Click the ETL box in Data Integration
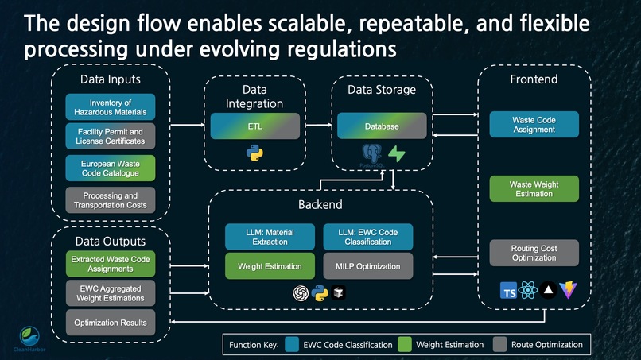coord(254,126)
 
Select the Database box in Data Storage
coord(382,126)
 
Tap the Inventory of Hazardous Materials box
coord(111,107)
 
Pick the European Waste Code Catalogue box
coord(111,168)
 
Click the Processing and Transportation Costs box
coord(111,200)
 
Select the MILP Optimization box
coord(367,265)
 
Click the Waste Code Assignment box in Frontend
coord(534,125)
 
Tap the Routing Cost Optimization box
coord(534,253)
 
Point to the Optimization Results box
coord(111,323)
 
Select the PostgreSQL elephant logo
coord(370,154)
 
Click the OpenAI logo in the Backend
coord(301,292)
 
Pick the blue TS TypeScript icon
coord(509,291)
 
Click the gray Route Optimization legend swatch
coord(500,345)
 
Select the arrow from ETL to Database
coord(318,126)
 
